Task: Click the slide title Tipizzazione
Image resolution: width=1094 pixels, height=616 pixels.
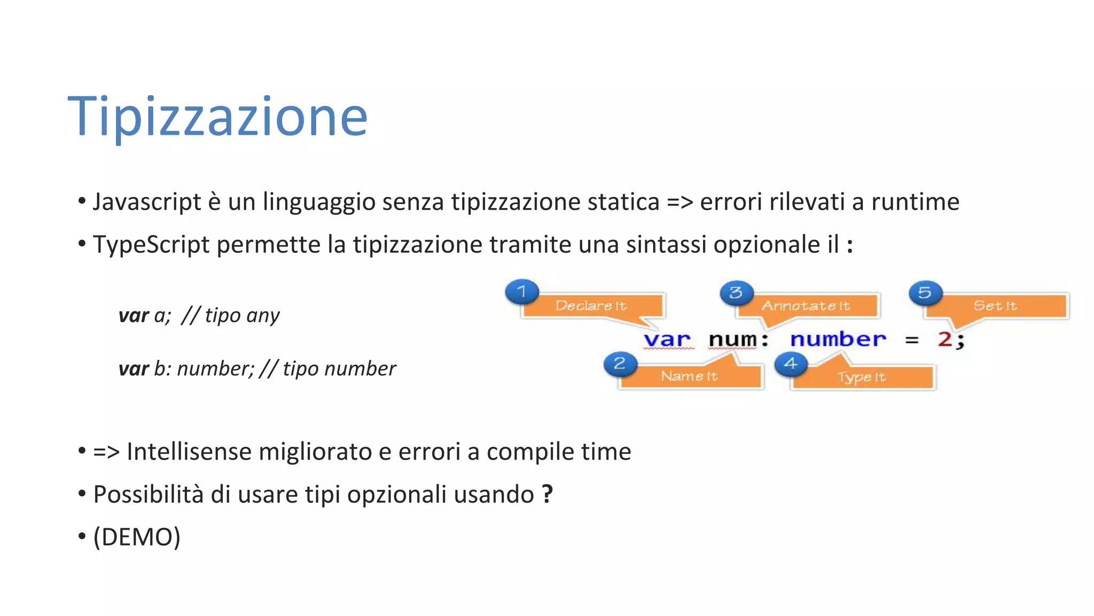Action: pyautogui.click(x=217, y=116)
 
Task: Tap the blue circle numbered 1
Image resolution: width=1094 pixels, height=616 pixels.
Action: pyautogui.click(x=522, y=292)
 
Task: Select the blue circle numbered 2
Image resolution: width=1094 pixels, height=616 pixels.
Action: pyautogui.click(x=620, y=364)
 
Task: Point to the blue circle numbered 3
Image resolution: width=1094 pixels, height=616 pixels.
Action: pyautogui.click(x=736, y=292)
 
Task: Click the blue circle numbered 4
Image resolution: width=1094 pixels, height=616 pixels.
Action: pyautogui.click(x=791, y=364)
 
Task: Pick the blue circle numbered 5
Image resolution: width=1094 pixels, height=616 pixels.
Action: pyautogui.click(x=925, y=293)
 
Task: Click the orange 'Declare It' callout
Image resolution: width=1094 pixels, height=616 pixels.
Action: pyautogui.click(x=591, y=306)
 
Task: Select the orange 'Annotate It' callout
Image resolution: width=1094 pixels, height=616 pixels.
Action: pyautogui.click(x=806, y=306)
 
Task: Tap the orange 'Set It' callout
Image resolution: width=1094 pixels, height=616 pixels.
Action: pyautogui.click(x=995, y=306)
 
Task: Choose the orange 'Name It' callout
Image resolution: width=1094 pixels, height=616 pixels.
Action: pyautogui.click(x=690, y=376)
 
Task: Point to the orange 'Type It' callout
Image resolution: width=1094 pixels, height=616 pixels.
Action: pyautogui.click(x=862, y=378)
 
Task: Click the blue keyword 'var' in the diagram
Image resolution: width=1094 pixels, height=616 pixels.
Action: pyautogui.click(x=667, y=340)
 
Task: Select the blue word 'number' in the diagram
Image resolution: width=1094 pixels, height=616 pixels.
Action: pyautogui.click(x=838, y=340)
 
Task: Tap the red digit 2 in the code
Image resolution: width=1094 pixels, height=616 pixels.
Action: pyautogui.click(x=944, y=340)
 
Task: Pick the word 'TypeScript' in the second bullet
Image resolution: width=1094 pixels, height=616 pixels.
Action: pyautogui.click(x=151, y=245)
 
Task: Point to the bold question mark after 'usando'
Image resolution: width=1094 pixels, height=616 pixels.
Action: pyautogui.click(x=547, y=494)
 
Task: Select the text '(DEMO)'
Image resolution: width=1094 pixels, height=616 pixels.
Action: pyautogui.click(x=137, y=537)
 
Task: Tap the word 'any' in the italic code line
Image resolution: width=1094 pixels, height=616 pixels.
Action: pyautogui.click(x=263, y=316)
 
